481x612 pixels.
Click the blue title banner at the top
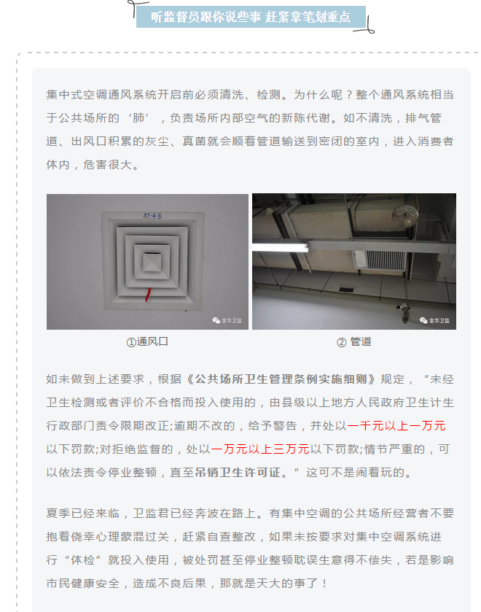point(251,17)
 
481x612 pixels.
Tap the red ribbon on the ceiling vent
point(148,295)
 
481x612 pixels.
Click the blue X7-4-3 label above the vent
point(152,215)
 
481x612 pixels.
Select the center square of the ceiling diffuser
point(152,262)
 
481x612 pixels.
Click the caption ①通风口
point(147,342)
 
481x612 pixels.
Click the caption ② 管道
point(353,342)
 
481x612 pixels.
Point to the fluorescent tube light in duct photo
point(280,247)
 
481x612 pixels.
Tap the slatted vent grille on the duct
point(386,260)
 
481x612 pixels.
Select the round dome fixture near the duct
point(406,215)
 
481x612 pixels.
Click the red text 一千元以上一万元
point(396,426)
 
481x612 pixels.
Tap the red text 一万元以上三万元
point(260,449)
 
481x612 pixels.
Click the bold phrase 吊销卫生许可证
point(238,473)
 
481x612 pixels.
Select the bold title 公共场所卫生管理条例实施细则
point(281,379)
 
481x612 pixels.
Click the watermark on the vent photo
point(227,320)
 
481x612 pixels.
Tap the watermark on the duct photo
point(434,320)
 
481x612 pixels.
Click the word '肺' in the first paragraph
point(139,118)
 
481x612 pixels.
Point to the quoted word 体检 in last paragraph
point(82,560)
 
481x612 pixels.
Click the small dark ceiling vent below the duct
point(346,290)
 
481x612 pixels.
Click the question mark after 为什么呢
point(349,95)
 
